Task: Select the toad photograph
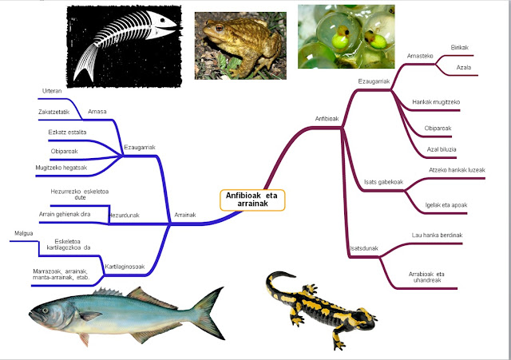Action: coord(236,42)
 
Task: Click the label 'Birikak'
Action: coord(461,48)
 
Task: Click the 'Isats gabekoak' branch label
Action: coord(382,183)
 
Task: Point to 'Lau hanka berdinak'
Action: coord(437,235)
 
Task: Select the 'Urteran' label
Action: coord(53,92)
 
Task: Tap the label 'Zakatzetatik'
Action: coord(54,112)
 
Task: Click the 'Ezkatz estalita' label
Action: coord(68,132)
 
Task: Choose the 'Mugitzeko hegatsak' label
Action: coord(61,168)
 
